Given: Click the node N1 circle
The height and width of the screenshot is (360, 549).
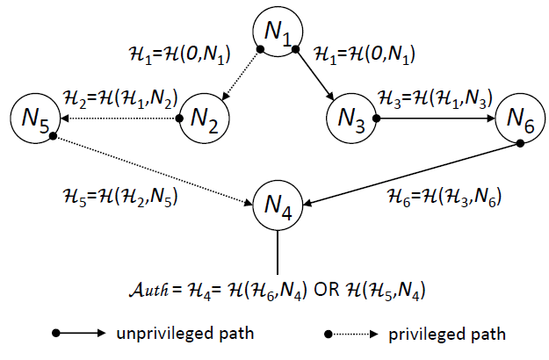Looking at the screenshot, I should (278, 32).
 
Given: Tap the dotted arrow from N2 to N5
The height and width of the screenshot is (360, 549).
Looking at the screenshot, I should (119, 118).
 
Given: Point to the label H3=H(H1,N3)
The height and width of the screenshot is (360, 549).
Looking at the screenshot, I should (434, 97).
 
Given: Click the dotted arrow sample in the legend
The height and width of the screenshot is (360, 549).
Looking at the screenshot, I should (352, 335).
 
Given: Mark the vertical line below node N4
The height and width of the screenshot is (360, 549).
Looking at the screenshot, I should (278, 254).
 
